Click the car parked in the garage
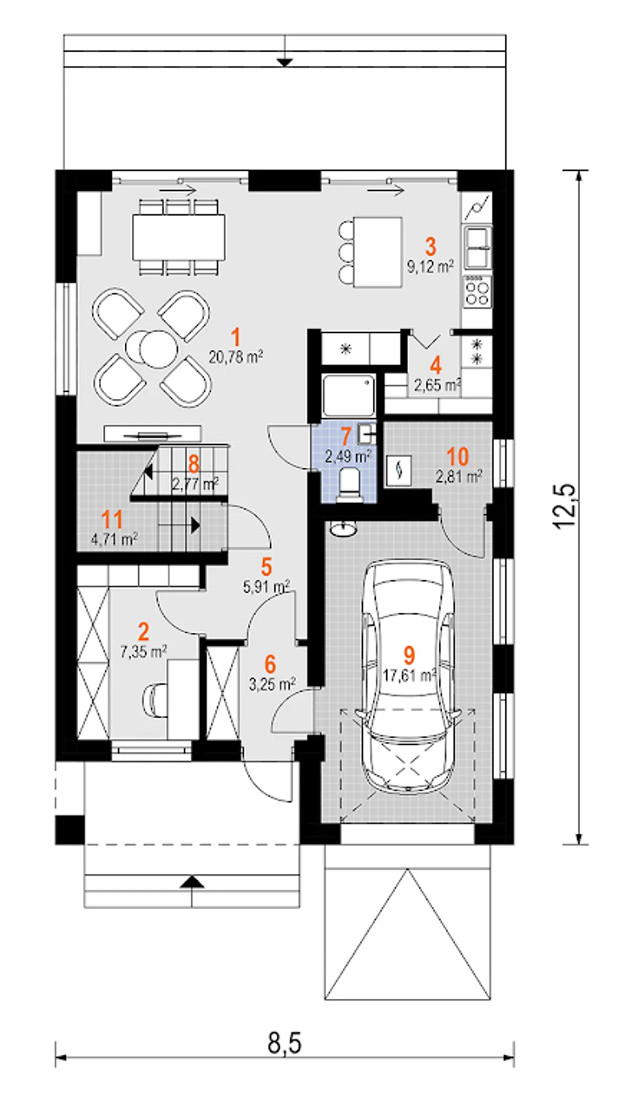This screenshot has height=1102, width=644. [408, 677]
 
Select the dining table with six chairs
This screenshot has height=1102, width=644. [179, 237]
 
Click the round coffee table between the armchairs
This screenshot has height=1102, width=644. [152, 348]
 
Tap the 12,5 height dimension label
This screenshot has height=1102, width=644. [565, 506]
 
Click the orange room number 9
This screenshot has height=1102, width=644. [409, 655]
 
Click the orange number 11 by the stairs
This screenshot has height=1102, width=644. [112, 519]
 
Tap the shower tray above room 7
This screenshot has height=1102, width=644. [349, 395]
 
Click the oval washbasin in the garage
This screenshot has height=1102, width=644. [344, 529]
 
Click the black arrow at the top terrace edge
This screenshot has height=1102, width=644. [285, 62]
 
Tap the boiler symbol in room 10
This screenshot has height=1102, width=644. [399, 470]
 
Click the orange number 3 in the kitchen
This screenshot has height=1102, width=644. [431, 247]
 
